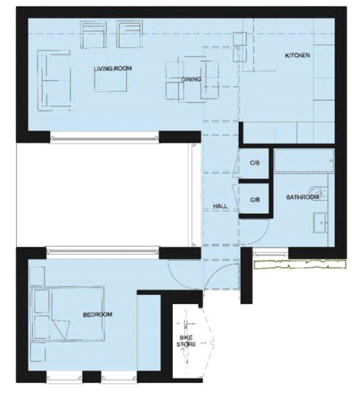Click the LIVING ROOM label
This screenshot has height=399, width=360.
(113, 68)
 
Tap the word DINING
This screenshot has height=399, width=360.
(191, 79)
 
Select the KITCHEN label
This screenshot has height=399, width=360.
(297, 55)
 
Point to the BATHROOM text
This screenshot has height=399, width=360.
(303, 197)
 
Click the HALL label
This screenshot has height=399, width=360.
(220, 206)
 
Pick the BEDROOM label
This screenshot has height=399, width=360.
(98, 315)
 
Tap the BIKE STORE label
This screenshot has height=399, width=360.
(186, 341)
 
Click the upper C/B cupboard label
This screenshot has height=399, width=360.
(255, 163)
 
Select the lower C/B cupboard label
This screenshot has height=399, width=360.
(255, 200)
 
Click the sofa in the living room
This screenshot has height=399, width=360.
(54, 81)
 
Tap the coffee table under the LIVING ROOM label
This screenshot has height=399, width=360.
(111, 81)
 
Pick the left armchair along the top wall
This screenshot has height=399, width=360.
(93, 34)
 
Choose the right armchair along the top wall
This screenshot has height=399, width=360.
(130, 34)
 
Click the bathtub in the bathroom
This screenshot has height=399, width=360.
(304, 161)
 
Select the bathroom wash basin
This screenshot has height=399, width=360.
(320, 223)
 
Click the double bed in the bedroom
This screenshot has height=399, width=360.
(67, 313)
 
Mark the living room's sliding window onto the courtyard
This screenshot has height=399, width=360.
(105, 139)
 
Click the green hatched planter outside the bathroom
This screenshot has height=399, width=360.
(300, 265)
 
